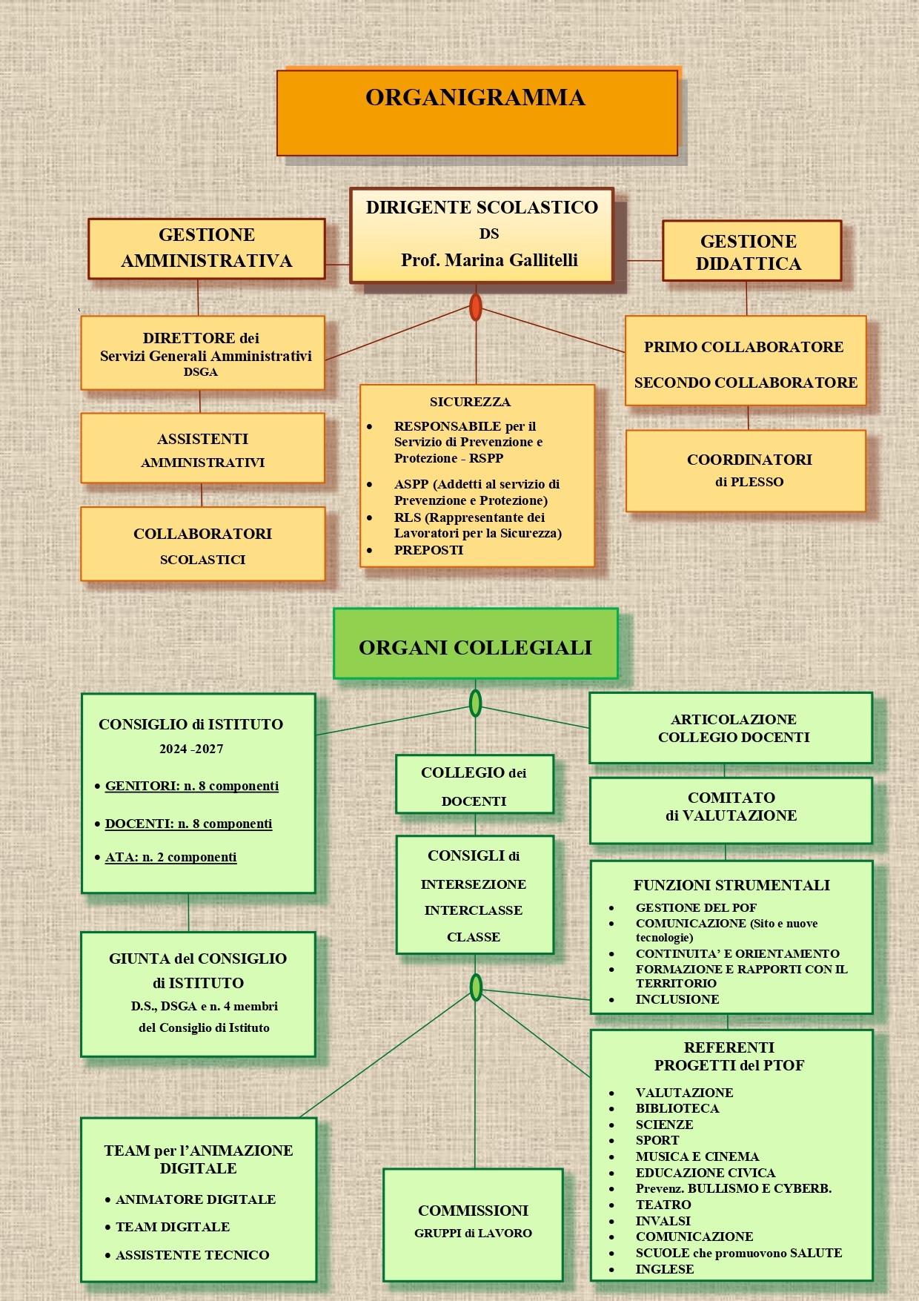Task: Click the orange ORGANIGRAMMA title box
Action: tap(477, 113)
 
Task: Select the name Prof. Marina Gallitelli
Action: tap(489, 260)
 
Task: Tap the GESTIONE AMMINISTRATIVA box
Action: tap(207, 248)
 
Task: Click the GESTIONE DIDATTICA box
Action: tap(751, 251)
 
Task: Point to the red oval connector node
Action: tap(476, 307)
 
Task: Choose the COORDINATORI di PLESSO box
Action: tap(746, 471)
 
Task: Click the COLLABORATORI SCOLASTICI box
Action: tap(202, 544)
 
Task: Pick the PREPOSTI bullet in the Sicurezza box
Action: tap(428, 550)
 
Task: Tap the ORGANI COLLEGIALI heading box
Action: tap(475, 644)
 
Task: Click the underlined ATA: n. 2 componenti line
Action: tap(170, 857)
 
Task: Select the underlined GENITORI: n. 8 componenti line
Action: tap(191, 786)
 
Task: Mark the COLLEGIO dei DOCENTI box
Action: tap(474, 784)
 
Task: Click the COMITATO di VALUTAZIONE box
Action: tap(731, 810)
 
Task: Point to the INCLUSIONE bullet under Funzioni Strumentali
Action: tap(677, 999)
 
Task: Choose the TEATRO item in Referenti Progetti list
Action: tap(663, 1205)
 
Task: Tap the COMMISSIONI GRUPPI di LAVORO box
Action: tap(473, 1224)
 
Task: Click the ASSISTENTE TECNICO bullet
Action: tap(192, 1255)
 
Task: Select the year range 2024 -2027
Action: tap(191, 749)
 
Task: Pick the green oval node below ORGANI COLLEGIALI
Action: tap(475, 703)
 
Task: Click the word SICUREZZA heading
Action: tap(470, 402)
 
